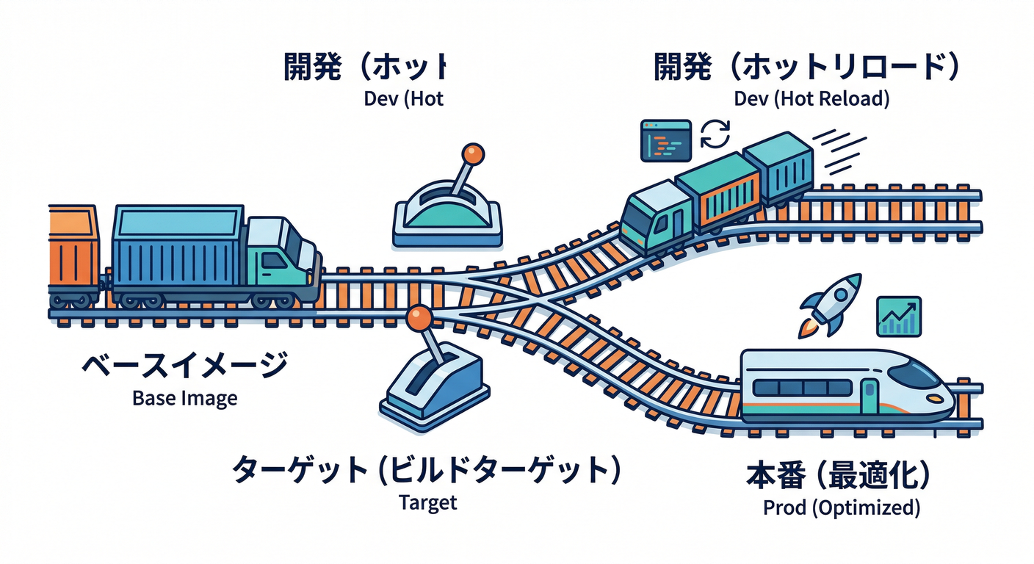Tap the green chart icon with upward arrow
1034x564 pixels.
point(899,317)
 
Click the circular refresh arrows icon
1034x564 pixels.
point(715,135)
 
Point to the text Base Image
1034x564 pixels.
point(185,399)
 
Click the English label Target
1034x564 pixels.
point(427,502)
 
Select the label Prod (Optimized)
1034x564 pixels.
point(841,507)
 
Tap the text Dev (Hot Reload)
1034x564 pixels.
point(811,98)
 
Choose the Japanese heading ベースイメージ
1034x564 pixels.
point(184,366)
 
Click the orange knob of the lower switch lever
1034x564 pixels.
point(419,317)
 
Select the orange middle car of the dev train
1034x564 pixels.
point(717,192)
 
